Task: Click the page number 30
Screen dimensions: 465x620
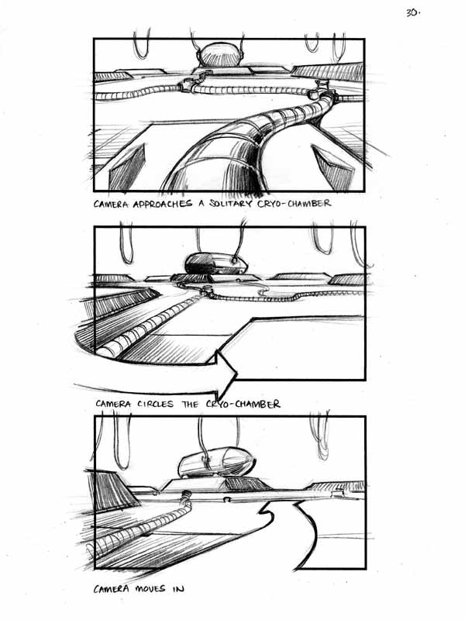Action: pos(412,12)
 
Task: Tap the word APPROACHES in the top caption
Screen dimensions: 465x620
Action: pos(162,204)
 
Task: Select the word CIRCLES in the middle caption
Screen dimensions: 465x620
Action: pos(156,404)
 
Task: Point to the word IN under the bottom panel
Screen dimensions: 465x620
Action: pos(178,589)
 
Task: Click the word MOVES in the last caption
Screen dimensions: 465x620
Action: pos(150,589)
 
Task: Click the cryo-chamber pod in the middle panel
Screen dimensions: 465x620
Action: pos(216,263)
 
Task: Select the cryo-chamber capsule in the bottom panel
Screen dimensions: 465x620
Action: pos(217,462)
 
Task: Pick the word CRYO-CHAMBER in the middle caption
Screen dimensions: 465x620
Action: pos(243,404)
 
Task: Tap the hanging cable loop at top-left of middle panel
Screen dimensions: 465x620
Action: pos(126,245)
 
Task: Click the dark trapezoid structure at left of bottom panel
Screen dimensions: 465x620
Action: pos(112,491)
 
